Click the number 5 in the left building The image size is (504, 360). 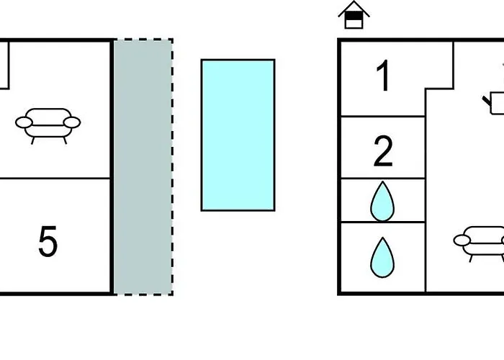point(48,242)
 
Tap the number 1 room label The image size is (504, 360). point(384,77)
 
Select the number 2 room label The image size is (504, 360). point(384,151)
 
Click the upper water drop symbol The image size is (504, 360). point(382,202)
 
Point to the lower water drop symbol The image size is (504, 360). point(382,257)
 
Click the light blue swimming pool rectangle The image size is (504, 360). point(238,135)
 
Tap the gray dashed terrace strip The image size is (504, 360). point(143,166)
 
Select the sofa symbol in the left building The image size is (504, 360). point(48,124)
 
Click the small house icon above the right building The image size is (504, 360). point(354,15)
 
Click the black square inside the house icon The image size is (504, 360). point(354,22)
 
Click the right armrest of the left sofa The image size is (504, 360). point(73,123)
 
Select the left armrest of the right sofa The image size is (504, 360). point(463,240)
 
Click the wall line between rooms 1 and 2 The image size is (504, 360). point(382,116)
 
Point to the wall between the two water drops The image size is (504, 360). point(382,222)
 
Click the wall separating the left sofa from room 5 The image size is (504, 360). point(55,178)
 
